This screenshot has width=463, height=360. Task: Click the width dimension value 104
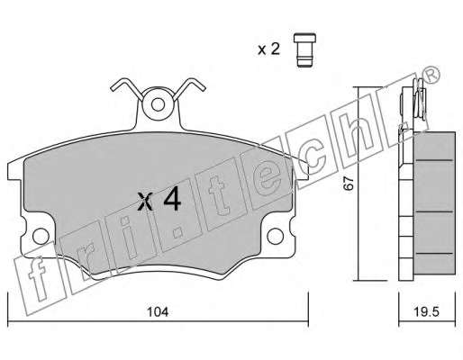point(158,312)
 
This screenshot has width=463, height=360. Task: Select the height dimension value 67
point(349,183)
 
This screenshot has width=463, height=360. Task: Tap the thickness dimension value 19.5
point(426,312)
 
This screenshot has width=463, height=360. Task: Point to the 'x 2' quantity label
point(268,49)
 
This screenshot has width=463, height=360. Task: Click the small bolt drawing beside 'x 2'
point(304,49)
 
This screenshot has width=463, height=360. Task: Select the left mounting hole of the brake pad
point(41,237)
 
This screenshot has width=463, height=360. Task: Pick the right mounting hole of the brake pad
point(275,237)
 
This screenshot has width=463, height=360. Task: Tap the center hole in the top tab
point(158,104)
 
